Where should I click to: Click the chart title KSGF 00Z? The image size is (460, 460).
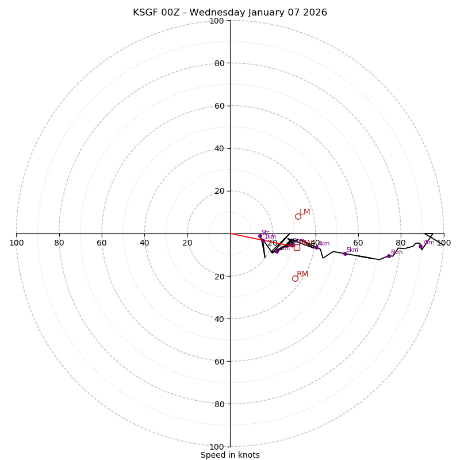(x=230, y=13)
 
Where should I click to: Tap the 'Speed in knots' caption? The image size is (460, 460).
(x=230, y=455)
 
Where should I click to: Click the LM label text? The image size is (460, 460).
(x=305, y=212)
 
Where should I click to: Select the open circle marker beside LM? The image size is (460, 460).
(x=298, y=216)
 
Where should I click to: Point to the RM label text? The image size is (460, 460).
(x=302, y=274)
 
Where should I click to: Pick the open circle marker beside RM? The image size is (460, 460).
(x=295, y=278)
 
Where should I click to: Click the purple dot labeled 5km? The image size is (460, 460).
(x=345, y=254)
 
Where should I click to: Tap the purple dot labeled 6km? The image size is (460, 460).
(x=389, y=256)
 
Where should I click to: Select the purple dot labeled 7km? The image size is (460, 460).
(x=420, y=246)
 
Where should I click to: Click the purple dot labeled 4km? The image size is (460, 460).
(x=316, y=247)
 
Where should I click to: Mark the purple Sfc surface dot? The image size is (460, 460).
(x=260, y=236)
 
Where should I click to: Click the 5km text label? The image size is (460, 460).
(x=352, y=250)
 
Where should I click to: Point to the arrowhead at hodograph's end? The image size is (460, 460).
(x=428, y=236)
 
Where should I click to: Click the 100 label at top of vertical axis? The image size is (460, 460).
(x=217, y=21)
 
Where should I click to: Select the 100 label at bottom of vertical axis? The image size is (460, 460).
(x=217, y=447)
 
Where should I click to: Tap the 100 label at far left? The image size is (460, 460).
(x=16, y=243)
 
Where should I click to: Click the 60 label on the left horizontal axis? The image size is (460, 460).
(x=102, y=243)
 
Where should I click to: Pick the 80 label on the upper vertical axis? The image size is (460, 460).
(x=219, y=63)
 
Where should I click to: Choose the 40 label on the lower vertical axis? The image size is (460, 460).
(x=219, y=319)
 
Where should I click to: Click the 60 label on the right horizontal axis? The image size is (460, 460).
(x=358, y=243)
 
